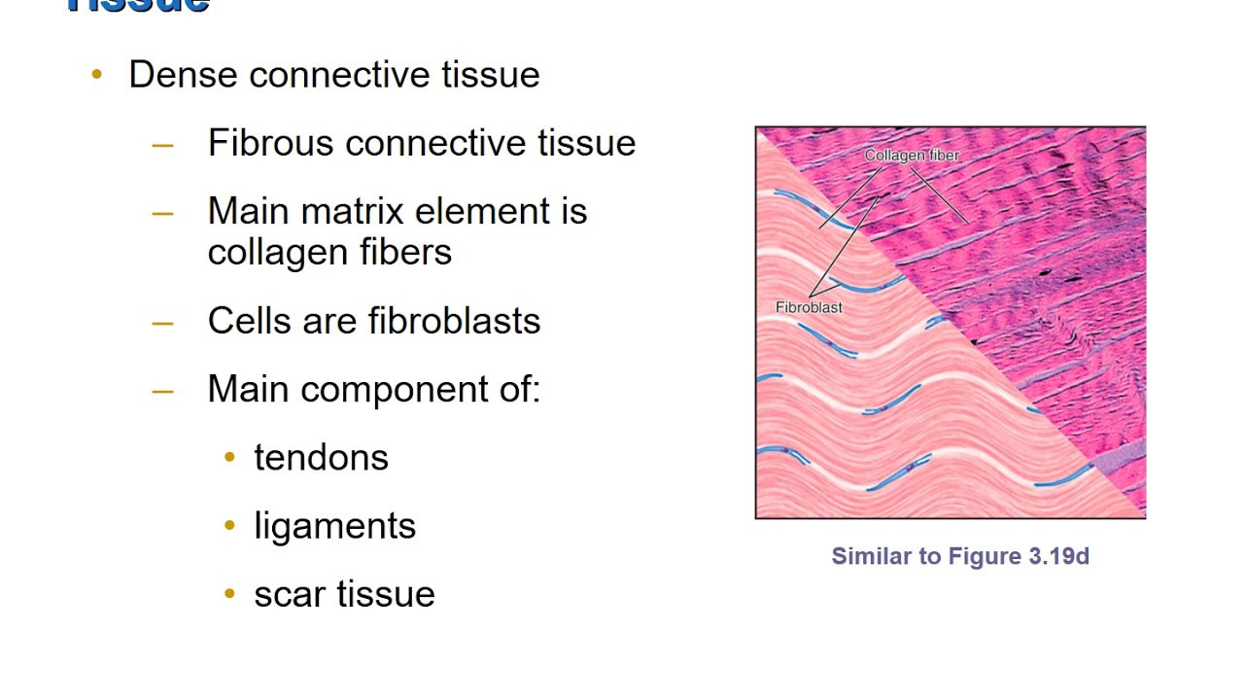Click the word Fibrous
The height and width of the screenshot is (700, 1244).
271,143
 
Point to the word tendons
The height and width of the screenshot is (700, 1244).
321,458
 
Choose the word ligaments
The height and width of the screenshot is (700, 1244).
334,526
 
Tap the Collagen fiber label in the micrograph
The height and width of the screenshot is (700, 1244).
912,156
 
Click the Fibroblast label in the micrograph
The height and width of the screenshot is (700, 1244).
809,307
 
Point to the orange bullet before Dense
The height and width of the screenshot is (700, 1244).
96,74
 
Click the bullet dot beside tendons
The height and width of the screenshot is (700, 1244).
229,457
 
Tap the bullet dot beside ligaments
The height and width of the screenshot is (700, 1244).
229,525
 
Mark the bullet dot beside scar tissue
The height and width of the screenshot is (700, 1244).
229,593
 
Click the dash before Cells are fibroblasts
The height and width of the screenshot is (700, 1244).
163,322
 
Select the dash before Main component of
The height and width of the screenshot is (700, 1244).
163,390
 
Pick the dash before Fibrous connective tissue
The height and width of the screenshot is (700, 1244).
163,144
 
